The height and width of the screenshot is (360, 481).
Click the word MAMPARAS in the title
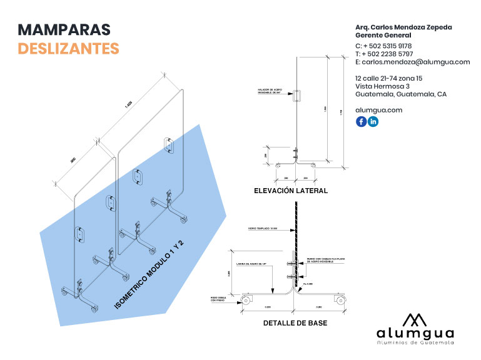point(64,29)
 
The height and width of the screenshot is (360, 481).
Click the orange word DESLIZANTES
point(68,48)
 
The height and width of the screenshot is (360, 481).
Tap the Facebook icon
point(361,122)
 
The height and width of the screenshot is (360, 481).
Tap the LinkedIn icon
point(373,122)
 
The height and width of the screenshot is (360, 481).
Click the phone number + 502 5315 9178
point(387,46)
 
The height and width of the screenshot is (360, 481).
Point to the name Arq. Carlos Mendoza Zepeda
point(403,27)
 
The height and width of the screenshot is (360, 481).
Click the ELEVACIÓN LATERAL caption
point(291,191)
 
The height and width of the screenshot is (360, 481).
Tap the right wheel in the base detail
point(341,301)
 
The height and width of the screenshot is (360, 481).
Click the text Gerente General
point(383,36)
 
